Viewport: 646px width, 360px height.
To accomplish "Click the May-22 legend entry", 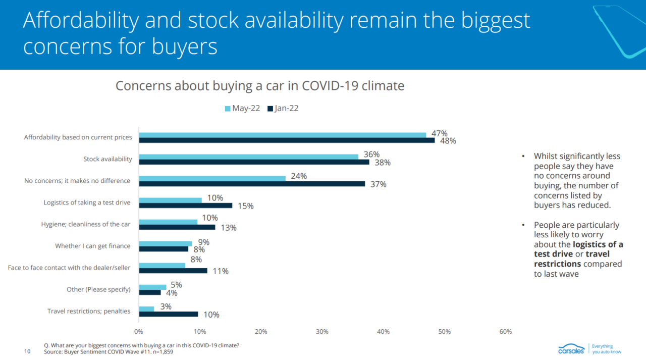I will (242, 109).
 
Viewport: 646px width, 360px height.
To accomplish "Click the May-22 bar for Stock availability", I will (248, 157).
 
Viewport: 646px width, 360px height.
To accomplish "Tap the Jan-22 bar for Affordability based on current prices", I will (287, 140).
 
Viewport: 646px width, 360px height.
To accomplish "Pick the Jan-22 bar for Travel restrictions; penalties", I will (169, 314).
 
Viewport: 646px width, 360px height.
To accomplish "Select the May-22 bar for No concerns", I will (212, 178).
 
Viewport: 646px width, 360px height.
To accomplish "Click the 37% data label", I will (378, 184).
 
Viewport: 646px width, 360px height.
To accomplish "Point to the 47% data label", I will (439, 134).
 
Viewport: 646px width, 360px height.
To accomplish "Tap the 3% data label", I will (166, 306).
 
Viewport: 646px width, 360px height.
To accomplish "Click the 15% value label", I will (245, 206).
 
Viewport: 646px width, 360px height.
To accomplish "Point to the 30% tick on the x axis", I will (322, 332).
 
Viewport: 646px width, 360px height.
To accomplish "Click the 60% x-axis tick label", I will (505, 332).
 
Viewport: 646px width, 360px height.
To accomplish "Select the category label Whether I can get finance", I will (93, 246).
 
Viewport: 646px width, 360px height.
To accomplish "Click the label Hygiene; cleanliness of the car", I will (86, 224).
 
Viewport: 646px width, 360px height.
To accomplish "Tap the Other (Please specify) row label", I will (98, 289).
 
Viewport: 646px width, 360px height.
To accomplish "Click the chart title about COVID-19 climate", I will (260, 85).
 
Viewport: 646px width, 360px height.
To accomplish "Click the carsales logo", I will (571, 349).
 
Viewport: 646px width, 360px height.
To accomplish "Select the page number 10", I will (27, 351).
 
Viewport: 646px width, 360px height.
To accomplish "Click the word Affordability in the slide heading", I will (81, 20).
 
